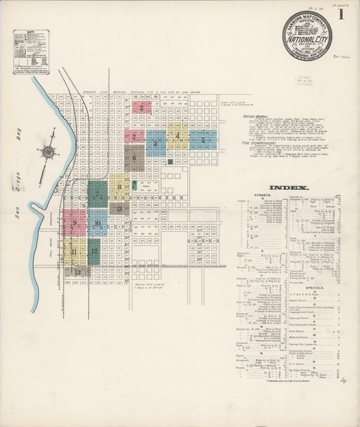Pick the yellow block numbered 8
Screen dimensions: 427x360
pos(120,186)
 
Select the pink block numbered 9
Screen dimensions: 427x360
pos(74,222)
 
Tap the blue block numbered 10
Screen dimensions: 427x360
pos(97,222)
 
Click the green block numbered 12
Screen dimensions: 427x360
pos(95,251)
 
